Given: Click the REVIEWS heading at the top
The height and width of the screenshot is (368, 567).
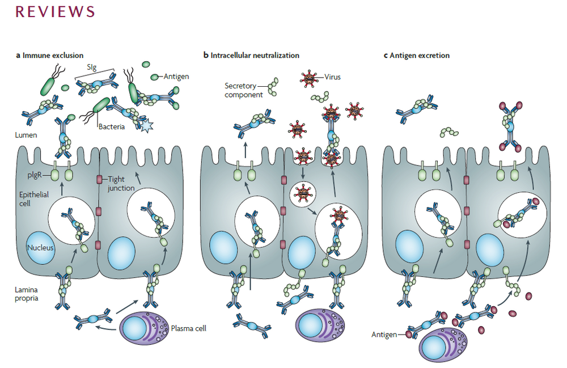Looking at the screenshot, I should point(55,12).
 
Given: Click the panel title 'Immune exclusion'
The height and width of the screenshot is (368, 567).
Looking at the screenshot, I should point(53,56).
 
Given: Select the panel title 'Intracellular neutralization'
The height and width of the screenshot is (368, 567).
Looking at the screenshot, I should point(255,56).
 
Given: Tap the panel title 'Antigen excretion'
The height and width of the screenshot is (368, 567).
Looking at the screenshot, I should point(420,56).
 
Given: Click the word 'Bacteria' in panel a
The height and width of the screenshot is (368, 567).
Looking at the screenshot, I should point(111,127).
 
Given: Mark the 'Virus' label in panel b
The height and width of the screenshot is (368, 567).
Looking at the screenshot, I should point(333,77).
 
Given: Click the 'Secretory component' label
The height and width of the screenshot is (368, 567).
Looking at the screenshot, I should point(244,90).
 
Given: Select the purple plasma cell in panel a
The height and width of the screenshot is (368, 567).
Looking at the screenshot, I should point(145,327).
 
